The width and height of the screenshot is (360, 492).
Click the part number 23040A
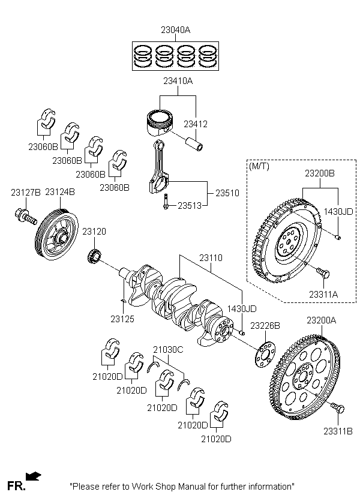(175, 30)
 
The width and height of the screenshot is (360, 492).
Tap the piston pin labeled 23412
(195, 144)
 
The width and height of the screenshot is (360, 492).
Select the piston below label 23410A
(160, 122)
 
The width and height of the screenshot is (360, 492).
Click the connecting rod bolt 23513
(166, 202)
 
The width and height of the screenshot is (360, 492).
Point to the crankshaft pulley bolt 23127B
(26, 217)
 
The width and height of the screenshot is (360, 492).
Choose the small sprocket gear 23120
(94, 256)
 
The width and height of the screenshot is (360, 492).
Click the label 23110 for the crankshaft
(211, 258)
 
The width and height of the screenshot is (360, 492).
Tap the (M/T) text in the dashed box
(259, 166)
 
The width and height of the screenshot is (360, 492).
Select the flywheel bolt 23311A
(323, 273)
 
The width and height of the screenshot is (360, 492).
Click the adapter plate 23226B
(263, 356)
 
